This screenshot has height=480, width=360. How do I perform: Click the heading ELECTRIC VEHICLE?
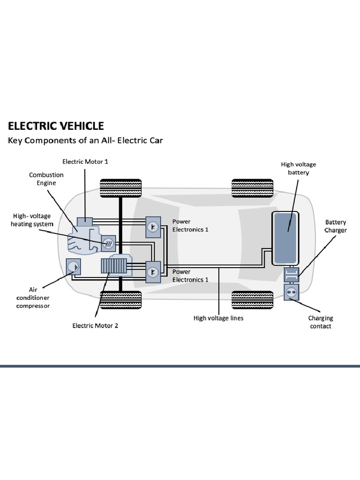click(55, 126)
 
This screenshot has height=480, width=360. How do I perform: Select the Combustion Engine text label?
click(46, 179)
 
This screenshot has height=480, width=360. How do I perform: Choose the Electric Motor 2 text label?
click(95, 326)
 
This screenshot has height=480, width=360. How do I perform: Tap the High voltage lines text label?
click(218, 318)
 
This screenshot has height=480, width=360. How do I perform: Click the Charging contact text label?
click(321, 322)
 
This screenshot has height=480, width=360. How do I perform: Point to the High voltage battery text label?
click(299, 169)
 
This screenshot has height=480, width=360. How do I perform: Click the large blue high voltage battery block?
click(286, 238)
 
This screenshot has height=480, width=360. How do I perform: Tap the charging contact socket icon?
click(291, 292)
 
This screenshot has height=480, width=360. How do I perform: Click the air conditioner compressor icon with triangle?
click(74, 267)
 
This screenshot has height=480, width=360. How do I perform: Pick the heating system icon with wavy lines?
click(108, 242)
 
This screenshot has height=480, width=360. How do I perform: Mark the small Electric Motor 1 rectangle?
click(85, 221)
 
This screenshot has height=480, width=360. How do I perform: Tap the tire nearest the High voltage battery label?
click(252, 188)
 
